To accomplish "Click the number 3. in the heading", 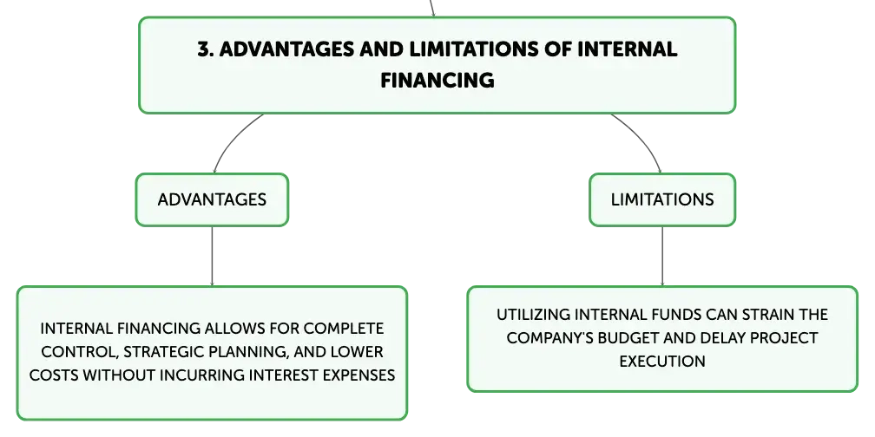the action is click(x=205, y=49).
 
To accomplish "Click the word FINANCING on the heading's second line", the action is click(x=437, y=81).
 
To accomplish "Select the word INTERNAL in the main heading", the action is click(x=628, y=49).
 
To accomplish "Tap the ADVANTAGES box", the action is click(x=212, y=199).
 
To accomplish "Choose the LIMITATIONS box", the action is click(x=662, y=199).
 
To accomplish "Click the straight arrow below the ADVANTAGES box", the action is click(x=212, y=257).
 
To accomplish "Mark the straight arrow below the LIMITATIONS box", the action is click(x=662, y=257).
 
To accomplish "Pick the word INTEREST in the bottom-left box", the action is click(x=283, y=375).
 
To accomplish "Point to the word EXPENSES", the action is click(x=359, y=375).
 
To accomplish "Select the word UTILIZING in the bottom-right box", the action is click(x=532, y=315).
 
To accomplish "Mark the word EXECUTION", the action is click(x=662, y=362).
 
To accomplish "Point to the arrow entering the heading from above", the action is click(x=431, y=9).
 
